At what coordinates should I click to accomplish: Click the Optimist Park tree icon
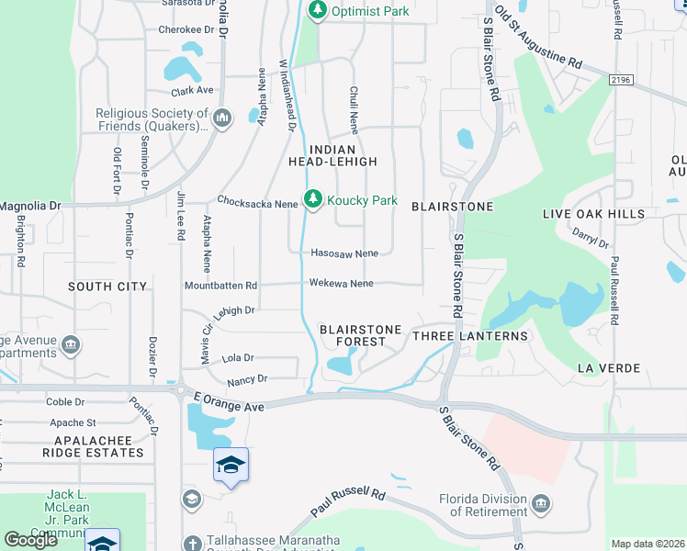318,10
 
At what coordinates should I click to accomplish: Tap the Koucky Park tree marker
313,199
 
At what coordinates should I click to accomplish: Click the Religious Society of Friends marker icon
222,118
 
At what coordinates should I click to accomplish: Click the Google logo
30,540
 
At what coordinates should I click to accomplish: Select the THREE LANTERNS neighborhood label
470,336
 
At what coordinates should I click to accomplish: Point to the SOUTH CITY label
107,287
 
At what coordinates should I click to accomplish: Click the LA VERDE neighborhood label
606,367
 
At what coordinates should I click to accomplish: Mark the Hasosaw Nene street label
344,253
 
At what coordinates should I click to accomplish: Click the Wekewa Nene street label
341,284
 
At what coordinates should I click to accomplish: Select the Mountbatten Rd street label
220,286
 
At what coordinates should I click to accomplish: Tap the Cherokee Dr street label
186,29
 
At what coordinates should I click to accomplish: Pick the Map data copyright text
648,544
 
